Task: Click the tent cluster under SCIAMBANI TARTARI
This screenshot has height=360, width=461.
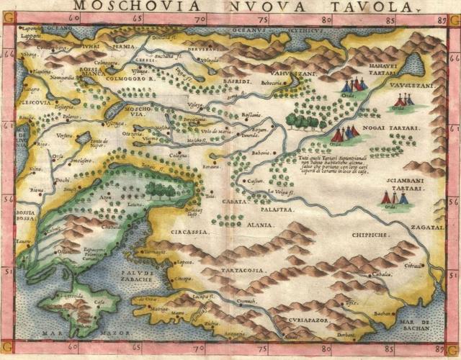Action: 394,198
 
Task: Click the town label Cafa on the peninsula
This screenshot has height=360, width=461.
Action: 99,302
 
